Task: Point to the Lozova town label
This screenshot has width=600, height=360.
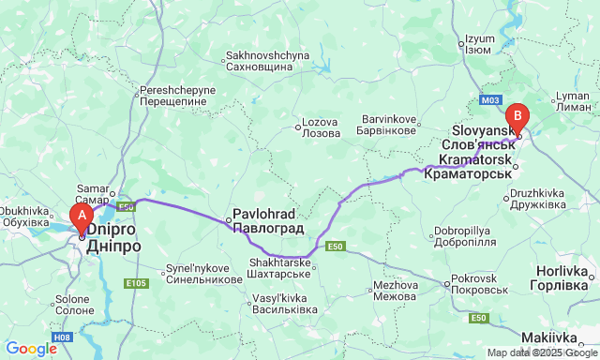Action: pos(322,127)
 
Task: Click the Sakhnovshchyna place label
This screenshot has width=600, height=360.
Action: pos(267,62)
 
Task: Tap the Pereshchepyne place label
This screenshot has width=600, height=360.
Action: pos(177,96)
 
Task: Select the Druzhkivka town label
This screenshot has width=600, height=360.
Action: pos(535,200)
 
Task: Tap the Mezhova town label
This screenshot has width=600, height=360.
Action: pos(395,291)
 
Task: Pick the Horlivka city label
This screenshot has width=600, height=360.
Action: pos(562,277)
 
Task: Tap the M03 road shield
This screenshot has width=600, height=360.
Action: pos(489,99)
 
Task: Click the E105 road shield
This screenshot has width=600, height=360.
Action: pos(136,283)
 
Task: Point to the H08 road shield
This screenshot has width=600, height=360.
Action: pos(63,335)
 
